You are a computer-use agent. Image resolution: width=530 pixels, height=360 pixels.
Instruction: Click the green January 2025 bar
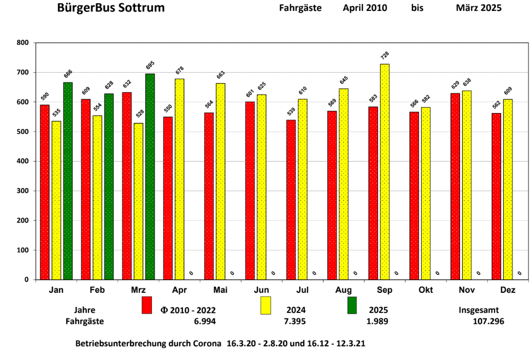(68, 180)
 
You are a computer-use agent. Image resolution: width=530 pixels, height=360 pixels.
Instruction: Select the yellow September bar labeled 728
(385, 172)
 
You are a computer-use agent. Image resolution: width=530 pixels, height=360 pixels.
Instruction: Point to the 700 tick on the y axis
(23, 73)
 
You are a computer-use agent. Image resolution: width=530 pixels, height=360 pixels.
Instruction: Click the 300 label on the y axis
(23, 191)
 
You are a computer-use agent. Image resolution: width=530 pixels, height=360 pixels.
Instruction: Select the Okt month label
(426, 290)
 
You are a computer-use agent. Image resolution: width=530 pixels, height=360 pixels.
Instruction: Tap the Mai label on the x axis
(220, 290)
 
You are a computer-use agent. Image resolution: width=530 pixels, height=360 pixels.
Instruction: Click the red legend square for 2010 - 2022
(146, 305)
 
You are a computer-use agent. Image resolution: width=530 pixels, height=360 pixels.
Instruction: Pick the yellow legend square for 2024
(266, 305)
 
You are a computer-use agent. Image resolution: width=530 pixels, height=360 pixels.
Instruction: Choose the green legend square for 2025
(352, 305)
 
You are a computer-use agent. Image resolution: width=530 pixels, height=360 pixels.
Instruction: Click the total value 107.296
(488, 322)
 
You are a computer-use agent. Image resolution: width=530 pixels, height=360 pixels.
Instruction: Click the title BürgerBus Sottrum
(111, 8)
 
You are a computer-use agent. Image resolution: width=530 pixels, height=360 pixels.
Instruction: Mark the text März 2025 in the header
(479, 8)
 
